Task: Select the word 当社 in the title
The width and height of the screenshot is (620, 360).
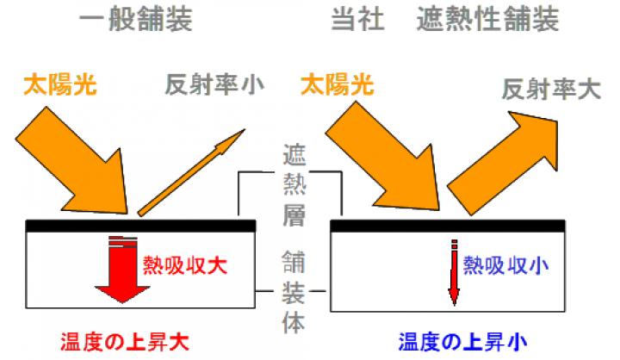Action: tap(352, 20)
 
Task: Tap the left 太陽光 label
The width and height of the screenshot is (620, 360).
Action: tap(60, 84)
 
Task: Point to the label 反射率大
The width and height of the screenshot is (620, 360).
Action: tap(551, 89)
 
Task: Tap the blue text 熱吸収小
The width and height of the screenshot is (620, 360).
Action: tap(505, 264)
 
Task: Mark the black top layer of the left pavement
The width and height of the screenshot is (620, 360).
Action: tap(140, 225)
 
